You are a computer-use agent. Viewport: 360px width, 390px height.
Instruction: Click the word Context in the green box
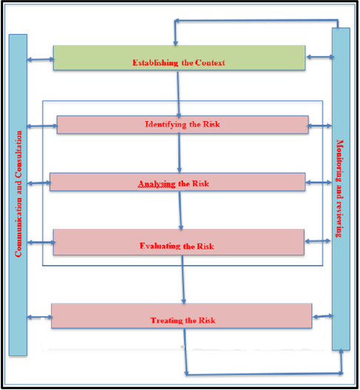(210, 63)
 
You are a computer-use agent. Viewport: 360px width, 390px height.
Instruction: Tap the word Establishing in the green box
(155, 63)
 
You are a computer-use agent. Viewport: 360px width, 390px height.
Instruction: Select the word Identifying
(166, 124)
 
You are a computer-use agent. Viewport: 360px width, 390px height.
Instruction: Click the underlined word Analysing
(157, 184)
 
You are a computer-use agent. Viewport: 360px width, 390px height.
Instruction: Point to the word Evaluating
(160, 246)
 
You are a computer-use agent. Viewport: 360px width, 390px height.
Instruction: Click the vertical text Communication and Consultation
(18, 194)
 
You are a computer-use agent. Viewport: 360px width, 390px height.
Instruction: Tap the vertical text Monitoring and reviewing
(340, 188)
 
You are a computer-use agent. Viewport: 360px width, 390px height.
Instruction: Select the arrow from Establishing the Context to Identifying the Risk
(178, 95)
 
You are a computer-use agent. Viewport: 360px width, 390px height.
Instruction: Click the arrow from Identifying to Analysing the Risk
(179, 153)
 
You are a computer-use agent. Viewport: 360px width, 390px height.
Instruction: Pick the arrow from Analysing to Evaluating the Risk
(180, 211)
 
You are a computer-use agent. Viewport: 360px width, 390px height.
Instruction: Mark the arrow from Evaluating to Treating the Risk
(183, 279)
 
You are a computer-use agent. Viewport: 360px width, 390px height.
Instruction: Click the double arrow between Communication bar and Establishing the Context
(41, 59)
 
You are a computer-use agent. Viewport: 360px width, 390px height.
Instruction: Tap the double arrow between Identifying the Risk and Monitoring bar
(319, 126)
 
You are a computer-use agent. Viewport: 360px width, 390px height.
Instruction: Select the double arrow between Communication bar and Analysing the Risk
(39, 183)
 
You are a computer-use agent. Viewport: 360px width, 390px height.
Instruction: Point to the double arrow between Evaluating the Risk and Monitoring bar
(318, 241)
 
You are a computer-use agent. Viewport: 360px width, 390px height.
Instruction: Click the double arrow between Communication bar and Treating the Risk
(40, 317)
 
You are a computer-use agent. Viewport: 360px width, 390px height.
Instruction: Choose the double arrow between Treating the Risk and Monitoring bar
(323, 316)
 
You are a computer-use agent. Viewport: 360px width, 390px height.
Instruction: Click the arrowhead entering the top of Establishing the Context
(175, 44)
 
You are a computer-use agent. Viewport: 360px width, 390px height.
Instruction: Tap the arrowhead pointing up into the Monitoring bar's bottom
(341, 351)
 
